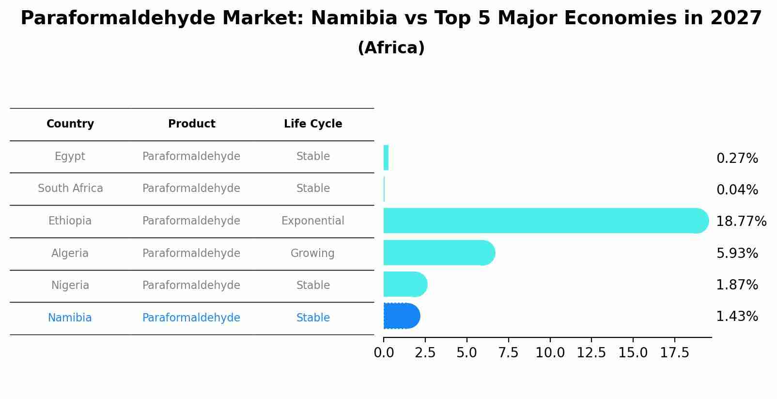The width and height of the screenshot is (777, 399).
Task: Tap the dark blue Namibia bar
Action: coord(401,316)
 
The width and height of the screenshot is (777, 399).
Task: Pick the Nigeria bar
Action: coord(404,284)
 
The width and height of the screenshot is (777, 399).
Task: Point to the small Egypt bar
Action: coord(386,158)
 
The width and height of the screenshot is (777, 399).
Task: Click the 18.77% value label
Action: coord(741,222)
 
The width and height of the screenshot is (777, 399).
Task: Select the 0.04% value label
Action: coord(737,190)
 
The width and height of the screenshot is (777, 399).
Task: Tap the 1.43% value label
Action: coord(737,317)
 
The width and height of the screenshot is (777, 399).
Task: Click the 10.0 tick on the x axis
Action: coord(550,353)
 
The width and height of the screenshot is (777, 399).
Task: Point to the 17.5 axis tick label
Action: coord(674,353)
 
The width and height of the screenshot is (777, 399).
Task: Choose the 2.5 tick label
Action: coord(425,353)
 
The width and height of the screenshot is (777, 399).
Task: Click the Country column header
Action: coord(70,124)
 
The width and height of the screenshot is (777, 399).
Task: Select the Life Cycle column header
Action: coord(313,124)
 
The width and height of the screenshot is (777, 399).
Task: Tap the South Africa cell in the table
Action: coord(70,189)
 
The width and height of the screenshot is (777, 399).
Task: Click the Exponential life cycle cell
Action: coord(313,221)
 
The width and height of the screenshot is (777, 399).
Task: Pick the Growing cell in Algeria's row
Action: coord(312,254)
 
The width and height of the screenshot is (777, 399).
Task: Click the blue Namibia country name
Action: coord(70,318)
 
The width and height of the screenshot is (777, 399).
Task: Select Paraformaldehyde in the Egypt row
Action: coord(191,157)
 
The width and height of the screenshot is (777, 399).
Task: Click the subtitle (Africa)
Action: coord(391,48)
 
